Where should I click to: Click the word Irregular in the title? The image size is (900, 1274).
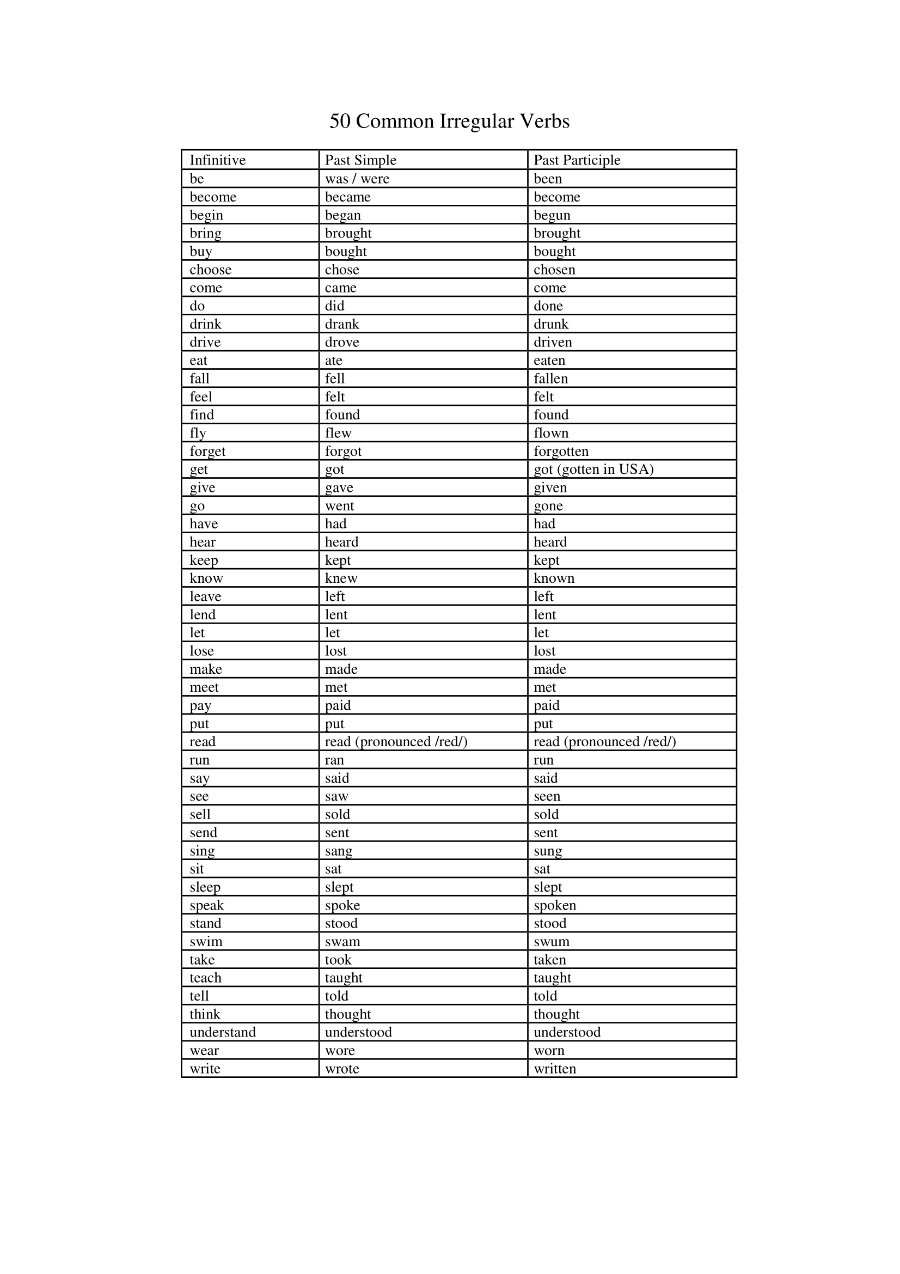click(x=476, y=121)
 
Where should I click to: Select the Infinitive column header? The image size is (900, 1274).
click(x=217, y=160)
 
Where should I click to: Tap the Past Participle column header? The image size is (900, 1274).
click(x=577, y=160)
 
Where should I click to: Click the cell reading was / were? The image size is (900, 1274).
click(x=357, y=179)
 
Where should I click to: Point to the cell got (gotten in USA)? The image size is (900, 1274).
click(x=593, y=470)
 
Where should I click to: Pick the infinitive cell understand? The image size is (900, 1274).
click(x=222, y=1032)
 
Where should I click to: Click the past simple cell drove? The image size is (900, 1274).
click(x=341, y=343)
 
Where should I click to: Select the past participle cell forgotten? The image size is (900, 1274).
click(x=561, y=451)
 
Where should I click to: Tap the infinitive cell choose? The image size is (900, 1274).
click(x=210, y=270)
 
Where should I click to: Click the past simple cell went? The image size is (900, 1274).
click(x=339, y=505)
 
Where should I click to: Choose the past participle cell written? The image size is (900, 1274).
click(x=554, y=1069)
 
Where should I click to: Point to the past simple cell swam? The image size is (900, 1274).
click(x=342, y=942)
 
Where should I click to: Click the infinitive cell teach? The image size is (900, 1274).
click(x=205, y=978)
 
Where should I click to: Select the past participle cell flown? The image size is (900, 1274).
click(x=550, y=433)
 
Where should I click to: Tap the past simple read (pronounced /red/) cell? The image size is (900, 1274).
click(x=396, y=742)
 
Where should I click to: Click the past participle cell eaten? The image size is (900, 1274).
click(x=549, y=361)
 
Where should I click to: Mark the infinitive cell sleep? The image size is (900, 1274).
click(x=205, y=887)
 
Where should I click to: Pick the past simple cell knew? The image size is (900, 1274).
click(x=341, y=578)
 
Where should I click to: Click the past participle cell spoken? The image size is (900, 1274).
click(x=554, y=905)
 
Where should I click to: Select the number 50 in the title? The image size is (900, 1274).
click(x=339, y=121)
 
